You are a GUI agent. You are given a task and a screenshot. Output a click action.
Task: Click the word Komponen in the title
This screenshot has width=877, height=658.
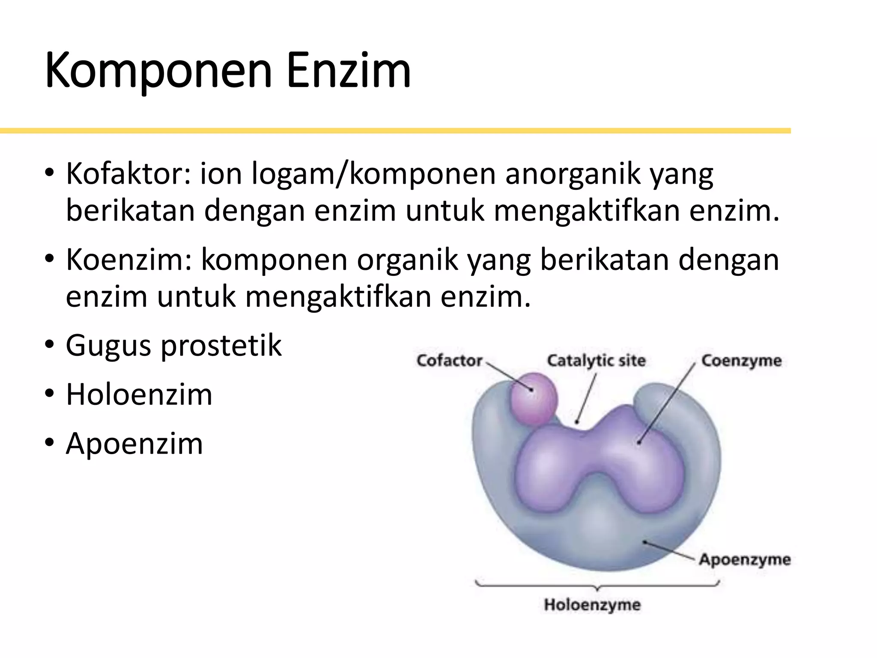pyautogui.click(x=158, y=71)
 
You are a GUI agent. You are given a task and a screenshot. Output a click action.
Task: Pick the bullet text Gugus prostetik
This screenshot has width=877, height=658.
pyautogui.click(x=173, y=345)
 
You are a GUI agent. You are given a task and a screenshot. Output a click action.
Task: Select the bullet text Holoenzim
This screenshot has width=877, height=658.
pyautogui.click(x=139, y=395)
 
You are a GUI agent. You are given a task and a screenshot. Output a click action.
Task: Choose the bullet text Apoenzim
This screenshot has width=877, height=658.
pyautogui.click(x=134, y=443)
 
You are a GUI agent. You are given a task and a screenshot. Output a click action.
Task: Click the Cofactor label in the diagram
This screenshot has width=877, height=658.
pyautogui.click(x=449, y=361)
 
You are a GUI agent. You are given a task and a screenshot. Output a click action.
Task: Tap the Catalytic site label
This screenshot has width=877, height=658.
pyautogui.click(x=596, y=361)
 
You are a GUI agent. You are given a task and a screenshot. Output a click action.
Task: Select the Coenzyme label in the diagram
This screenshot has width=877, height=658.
pyautogui.click(x=741, y=361)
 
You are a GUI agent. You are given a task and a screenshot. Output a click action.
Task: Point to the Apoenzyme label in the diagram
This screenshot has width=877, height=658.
pyautogui.click(x=745, y=559)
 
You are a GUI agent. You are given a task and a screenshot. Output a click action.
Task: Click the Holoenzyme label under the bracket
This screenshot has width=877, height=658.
pyautogui.click(x=592, y=605)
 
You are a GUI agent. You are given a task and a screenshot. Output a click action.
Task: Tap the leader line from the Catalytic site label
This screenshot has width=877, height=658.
pyautogui.click(x=586, y=398)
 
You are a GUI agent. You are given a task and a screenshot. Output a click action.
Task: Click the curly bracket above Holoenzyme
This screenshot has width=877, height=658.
pyautogui.click(x=597, y=585)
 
